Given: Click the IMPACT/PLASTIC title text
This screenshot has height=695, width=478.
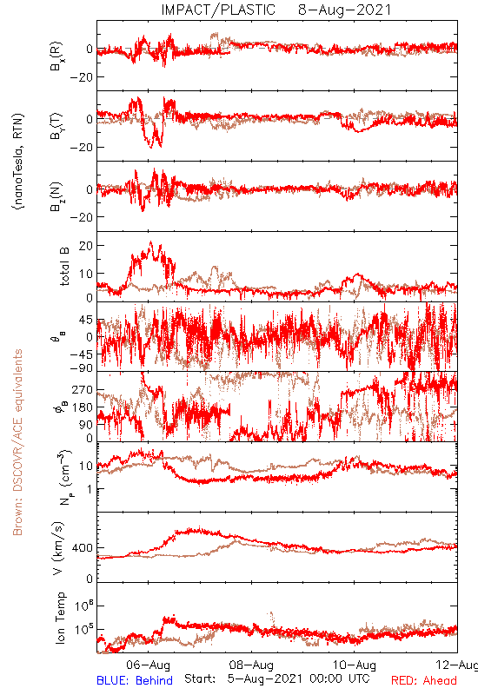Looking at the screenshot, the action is coord(218,10).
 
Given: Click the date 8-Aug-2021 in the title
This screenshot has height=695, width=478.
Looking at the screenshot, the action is coord(344,10).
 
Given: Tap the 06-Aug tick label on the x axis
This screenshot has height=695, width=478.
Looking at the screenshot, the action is coord(148,665).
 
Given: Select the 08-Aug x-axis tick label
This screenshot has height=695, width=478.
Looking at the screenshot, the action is coord(251,665).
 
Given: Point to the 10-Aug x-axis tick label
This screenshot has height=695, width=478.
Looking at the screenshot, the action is coord(355,665).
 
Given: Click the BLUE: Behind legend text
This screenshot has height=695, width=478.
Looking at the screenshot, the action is coord(135,681).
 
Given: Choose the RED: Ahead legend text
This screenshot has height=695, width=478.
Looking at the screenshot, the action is coord(424,681).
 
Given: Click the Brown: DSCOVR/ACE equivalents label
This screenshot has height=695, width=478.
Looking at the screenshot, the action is coord(17,442).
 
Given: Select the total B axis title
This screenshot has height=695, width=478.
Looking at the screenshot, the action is coord(64,267).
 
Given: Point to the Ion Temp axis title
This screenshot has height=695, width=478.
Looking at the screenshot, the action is coord(60,618).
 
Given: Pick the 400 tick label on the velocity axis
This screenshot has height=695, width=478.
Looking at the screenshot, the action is coord(83,548).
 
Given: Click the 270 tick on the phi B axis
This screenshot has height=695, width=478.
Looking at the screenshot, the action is coord(83,389).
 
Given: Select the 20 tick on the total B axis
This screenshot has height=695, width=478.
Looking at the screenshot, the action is coord(86,246).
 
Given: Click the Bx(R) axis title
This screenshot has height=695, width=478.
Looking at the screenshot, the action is coord(56,56).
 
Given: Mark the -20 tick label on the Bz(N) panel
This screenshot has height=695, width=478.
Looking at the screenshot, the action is coord(81,218).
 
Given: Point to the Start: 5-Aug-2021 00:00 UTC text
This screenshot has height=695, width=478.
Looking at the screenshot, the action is coord(276,679).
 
